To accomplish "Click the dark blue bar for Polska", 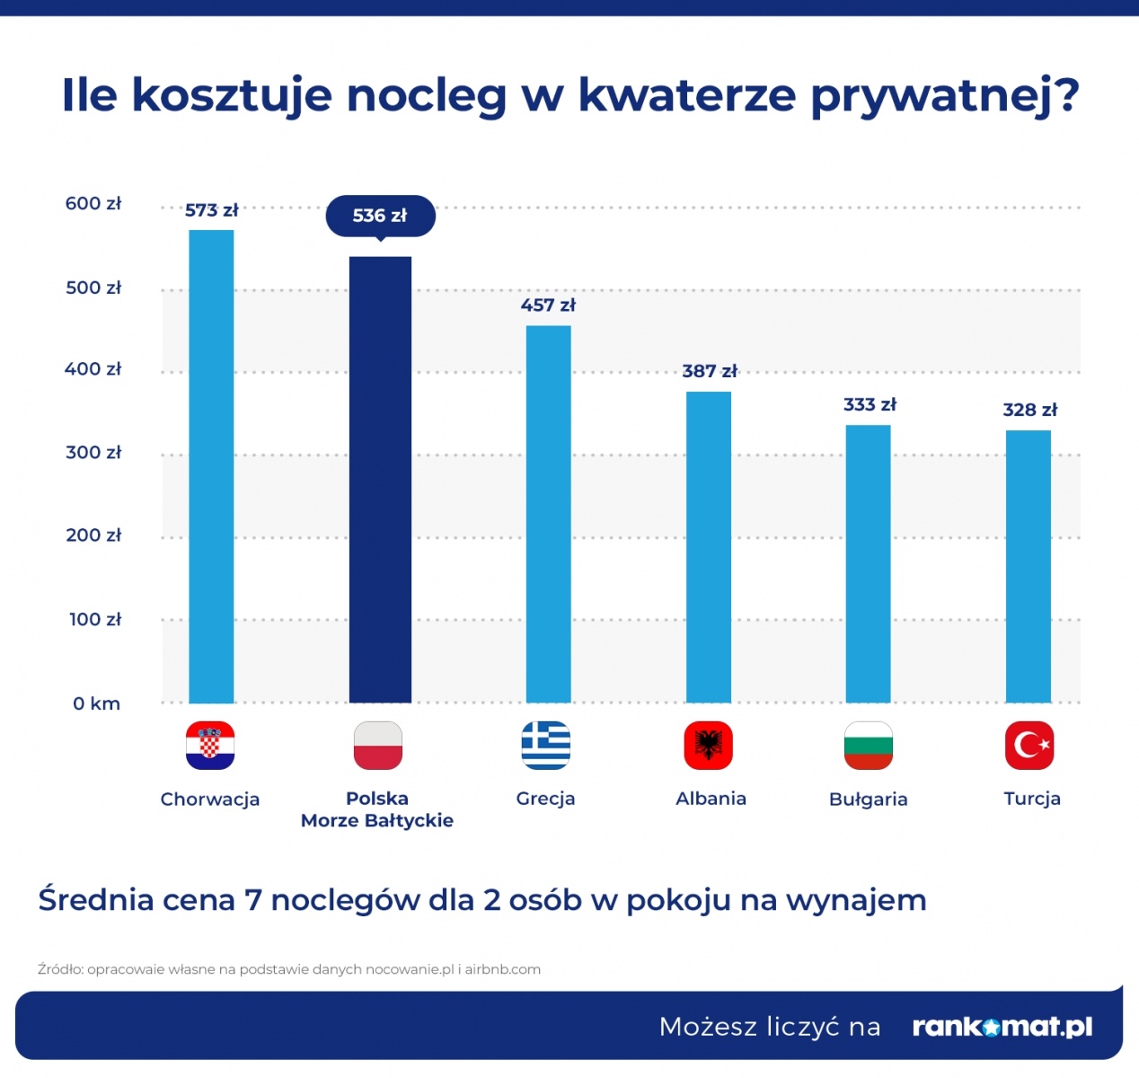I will tap(380, 480).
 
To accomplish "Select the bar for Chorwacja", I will tap(211, 466).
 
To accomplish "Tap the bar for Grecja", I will tap(548, 514).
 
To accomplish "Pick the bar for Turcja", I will tap(1028, 566).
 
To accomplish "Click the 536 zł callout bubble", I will tap(380, 216).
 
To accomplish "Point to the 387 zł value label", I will tap(710, 371).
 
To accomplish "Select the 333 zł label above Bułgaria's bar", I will tap(870, 404).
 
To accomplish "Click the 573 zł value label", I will tap(212, 210).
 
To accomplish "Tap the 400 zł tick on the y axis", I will tap(93, 369).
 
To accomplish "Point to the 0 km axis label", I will tap(96, 703).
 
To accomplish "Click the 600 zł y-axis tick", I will tap(93, 203).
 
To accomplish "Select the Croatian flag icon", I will tap(210, 746).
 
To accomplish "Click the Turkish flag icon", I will tap(1029, 746).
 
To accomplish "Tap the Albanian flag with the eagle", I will tap(708, 746).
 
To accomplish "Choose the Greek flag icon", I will tap(546, 746).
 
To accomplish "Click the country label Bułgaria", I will tap(868, 800).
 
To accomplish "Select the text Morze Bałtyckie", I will tap(377, 820).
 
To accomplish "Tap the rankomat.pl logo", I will tap(1002, 1027).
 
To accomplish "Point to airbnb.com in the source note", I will tap(502, 969).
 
